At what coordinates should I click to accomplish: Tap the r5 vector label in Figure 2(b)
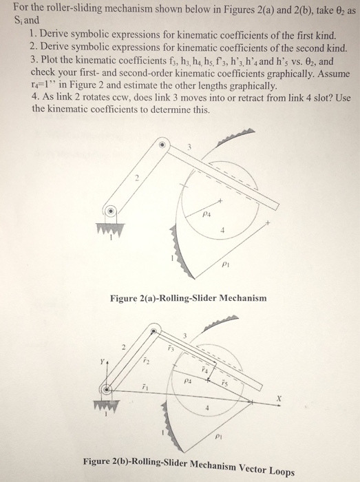tap(226, 382)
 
